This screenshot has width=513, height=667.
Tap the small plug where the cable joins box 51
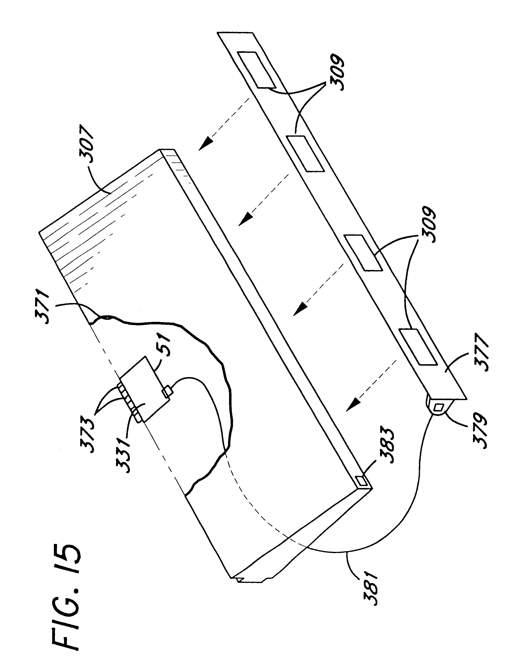tap(167, 392)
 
